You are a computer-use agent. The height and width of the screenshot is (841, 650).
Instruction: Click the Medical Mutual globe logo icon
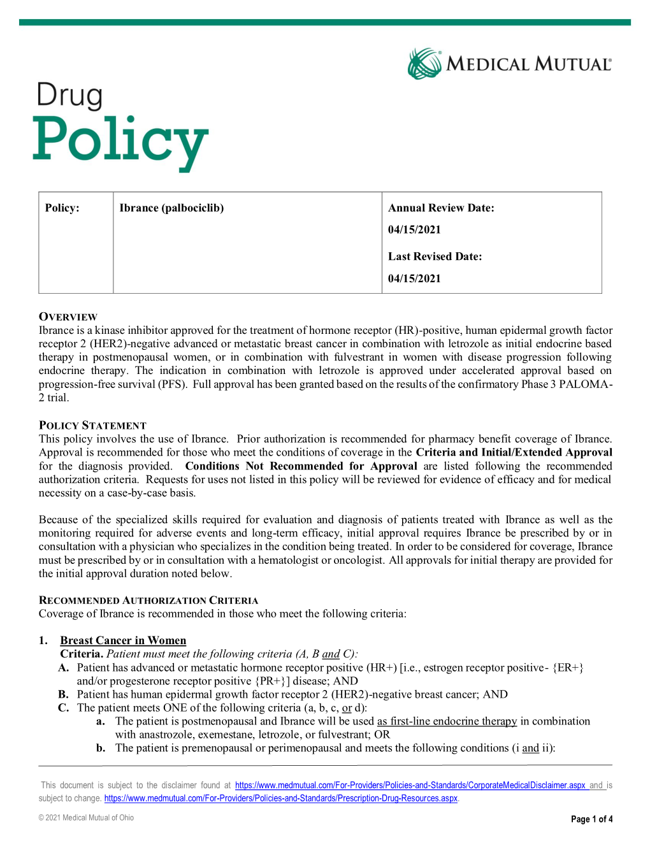coord(424,64)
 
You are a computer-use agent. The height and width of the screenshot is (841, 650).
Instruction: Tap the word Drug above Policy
coord(69,96)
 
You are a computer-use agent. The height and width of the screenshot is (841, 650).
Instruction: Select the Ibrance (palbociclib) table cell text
coord(171,208)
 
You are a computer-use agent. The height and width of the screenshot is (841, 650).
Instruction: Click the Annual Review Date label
coord(441,208)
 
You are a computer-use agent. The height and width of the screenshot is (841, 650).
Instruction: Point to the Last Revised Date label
coord(435,256)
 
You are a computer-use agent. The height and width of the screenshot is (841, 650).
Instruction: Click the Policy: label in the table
coord(62,208)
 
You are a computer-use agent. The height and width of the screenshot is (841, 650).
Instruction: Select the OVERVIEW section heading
coord(68,317)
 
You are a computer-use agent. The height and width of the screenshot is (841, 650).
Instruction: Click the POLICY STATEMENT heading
coord(92,425)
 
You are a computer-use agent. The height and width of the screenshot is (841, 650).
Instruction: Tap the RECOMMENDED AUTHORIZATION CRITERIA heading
coord(148,600)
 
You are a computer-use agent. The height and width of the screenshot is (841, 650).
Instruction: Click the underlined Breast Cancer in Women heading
coord(123,640)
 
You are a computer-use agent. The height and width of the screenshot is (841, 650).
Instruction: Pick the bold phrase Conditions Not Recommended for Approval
coord(301,466)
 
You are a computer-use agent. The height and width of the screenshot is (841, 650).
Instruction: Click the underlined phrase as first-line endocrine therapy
coord(447,721)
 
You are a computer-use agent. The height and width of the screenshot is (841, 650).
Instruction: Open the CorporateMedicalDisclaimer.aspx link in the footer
coord(410,785)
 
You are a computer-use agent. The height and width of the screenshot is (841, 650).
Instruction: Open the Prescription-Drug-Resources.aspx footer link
coord(280,798)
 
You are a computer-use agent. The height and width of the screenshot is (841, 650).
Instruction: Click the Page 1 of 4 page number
coord(591,819)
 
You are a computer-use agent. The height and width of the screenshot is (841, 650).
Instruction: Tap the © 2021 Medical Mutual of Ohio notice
coord(86,817)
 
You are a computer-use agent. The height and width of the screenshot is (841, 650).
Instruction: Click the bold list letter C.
coord(63,707)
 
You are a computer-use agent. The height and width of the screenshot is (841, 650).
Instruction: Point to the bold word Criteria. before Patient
coord(82,654)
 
